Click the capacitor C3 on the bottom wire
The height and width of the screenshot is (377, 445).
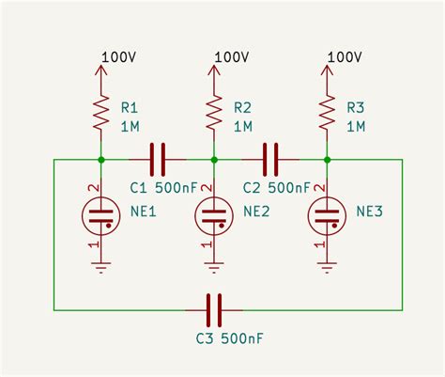click(x=214, y=307)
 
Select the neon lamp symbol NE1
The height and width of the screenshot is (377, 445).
click(x=101, y=215)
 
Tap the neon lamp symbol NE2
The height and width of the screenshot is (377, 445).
click(x=214, y=215)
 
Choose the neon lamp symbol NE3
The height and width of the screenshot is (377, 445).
click(x=327, y=215)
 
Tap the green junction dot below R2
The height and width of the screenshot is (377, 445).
click(x=214, y=159)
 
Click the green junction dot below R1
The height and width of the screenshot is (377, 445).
click(x=101, y=159)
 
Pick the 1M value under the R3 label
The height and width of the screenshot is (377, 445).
click(x=355, y=125)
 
